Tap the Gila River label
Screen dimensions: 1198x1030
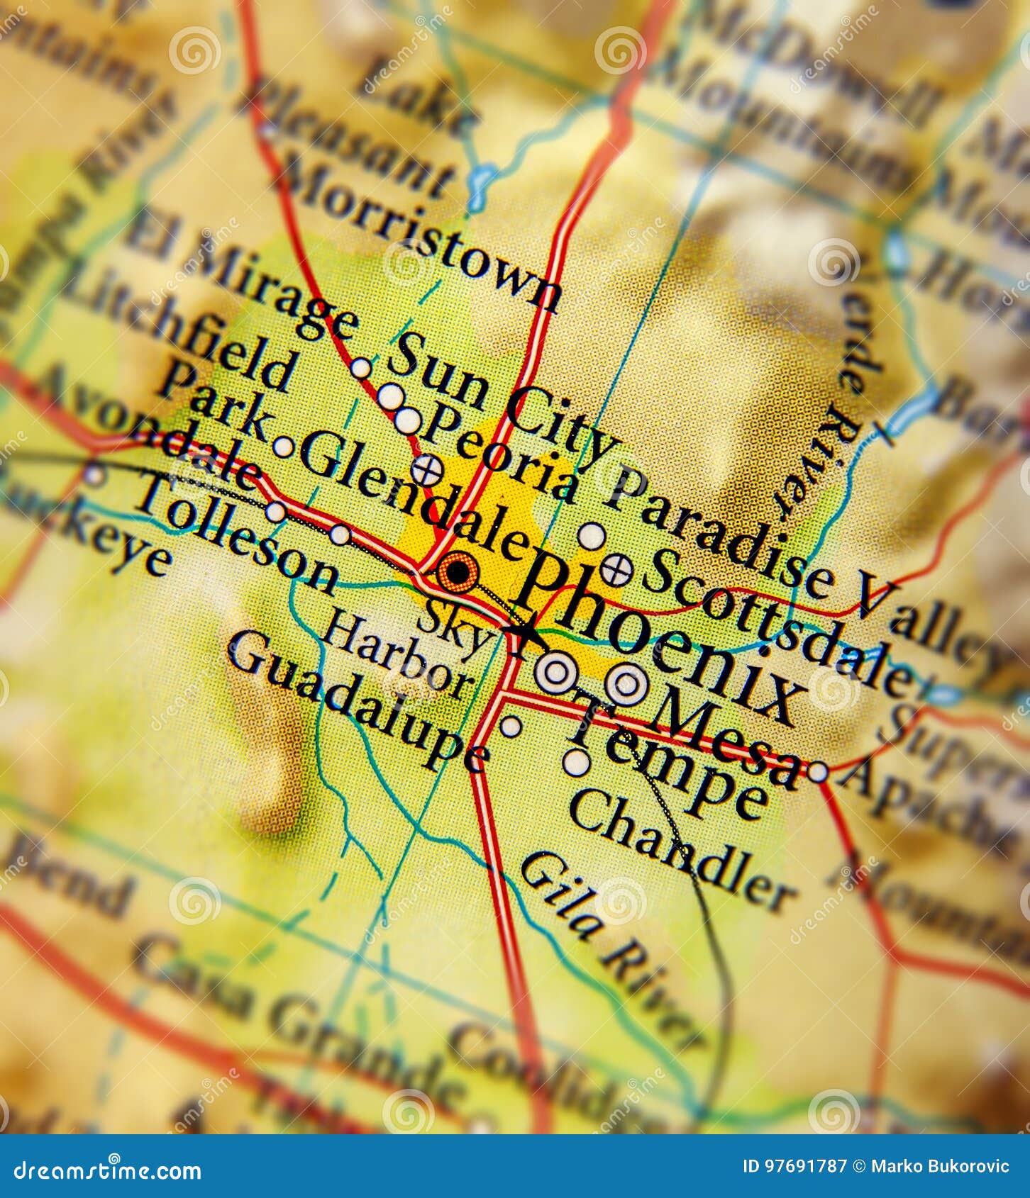coord(610,950)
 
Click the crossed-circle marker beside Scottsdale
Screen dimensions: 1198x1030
coord(616,569)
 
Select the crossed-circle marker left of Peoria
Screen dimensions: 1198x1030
coord(428,469)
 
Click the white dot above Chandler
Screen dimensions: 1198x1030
coord(577,763)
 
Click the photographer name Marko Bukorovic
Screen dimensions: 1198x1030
coord(941,1166)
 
